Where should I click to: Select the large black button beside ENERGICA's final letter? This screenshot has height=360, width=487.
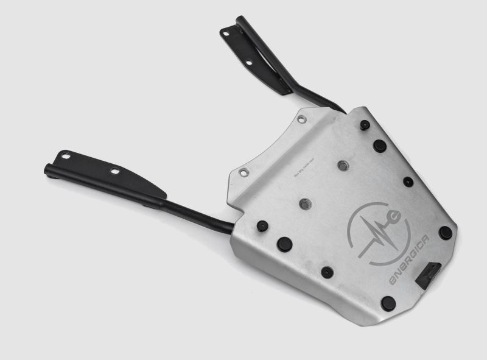tap(446, 232)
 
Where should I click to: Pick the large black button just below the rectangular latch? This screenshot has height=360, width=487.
tap(388, 303)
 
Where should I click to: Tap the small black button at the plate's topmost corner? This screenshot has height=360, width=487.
tap(365, 125)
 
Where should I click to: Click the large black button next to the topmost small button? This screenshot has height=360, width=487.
tap(379, 146)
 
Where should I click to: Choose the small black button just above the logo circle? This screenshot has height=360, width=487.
tap(408, 182)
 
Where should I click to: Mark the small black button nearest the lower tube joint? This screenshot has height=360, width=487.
tap(262, 226)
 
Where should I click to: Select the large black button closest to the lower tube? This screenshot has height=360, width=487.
tap(284, 244)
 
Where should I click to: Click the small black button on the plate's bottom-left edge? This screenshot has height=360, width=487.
tap(327, 272)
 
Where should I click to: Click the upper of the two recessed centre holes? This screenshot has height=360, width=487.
tap(343, 165)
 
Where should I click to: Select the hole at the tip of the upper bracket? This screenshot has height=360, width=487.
tap(226, 34)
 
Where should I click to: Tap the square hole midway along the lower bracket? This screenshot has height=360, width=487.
tap(114, 172)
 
